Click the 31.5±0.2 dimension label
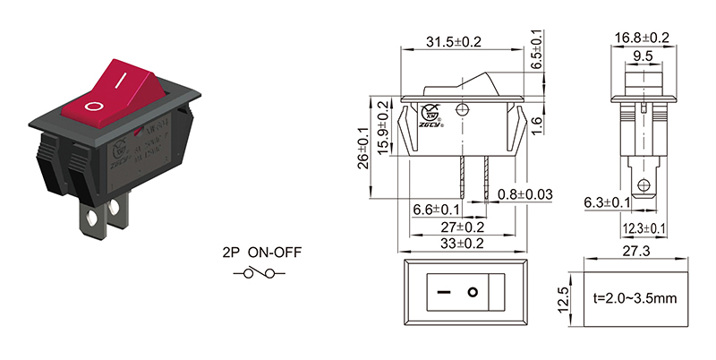(455, 41)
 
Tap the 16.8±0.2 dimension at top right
(642, 37)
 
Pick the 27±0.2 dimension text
(456, 227)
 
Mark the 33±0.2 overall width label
(456, 244)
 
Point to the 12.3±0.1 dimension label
(644, 228)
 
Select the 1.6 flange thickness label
(533, 122)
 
